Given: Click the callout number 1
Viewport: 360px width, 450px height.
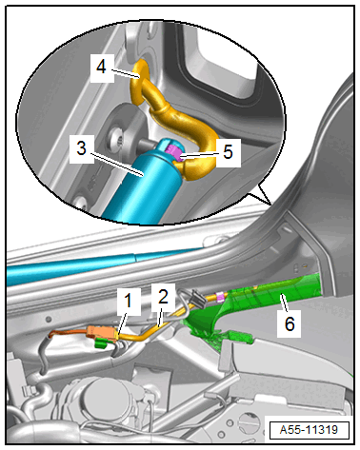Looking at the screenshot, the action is (x=128, y=301).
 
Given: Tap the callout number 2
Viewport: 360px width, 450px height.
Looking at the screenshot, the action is (x=163, y=297).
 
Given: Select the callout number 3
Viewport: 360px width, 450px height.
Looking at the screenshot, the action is (x=82, y=148).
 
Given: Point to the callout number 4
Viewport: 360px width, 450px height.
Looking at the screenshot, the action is (x=101, y=68).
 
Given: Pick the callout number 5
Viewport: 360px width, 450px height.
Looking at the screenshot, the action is (x=228, y=151).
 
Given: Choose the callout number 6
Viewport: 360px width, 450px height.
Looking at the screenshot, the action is (x=289, y=324).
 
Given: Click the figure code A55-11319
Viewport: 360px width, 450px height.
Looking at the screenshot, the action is (x=309, y=430).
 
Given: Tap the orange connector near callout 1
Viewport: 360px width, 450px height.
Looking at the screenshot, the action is (x=101, y=333).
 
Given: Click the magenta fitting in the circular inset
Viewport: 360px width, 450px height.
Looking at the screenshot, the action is (x=174, y=152).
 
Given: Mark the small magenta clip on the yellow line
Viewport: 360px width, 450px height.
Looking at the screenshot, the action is (x=219, y=297).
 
